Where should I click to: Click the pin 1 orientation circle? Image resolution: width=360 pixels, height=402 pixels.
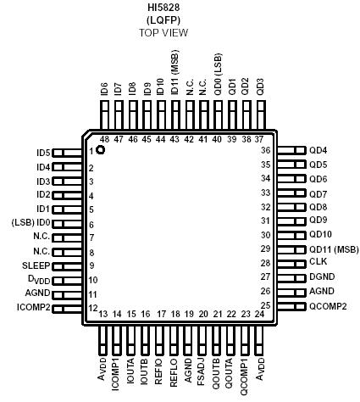coord(101,150)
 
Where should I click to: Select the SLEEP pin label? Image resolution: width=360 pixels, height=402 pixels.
coord(36,265)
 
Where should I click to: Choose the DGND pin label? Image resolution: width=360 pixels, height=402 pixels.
coord(323,276)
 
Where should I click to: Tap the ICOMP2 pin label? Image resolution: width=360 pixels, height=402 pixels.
coord(34,307)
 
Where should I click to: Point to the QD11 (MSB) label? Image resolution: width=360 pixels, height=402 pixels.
coord(331,248)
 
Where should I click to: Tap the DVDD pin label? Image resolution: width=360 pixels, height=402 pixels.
coord(39,279)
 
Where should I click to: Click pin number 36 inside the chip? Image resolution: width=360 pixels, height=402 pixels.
coord(264,150)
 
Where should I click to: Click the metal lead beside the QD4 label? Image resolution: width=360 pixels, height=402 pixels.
coord(291,150)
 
